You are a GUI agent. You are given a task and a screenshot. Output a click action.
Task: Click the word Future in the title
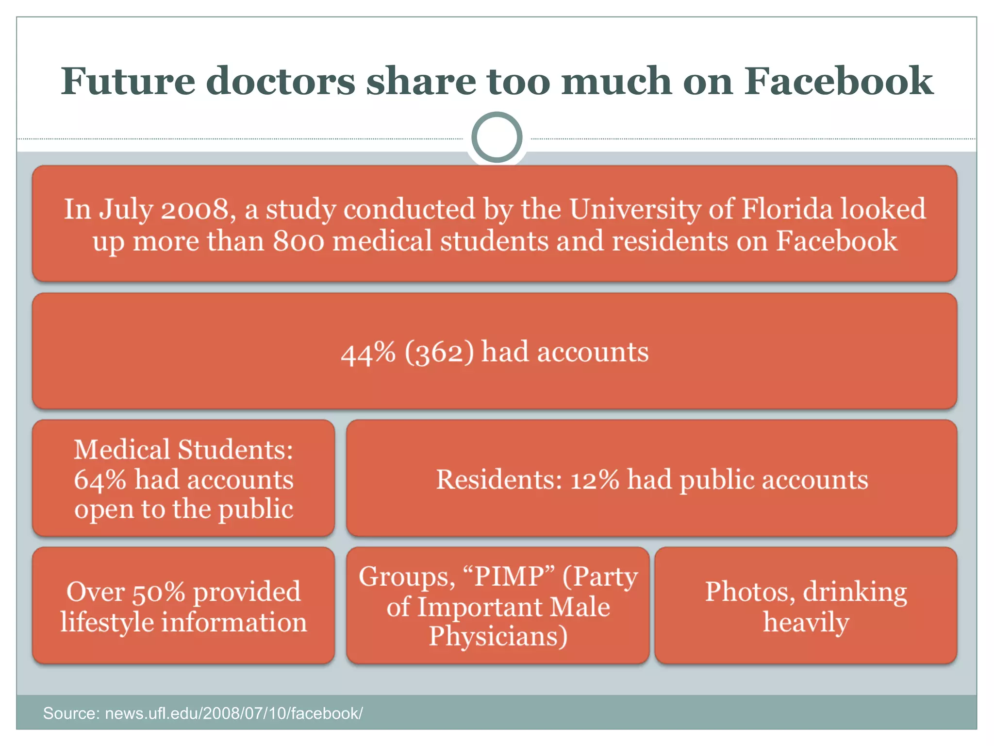pyautogui.click(x=128, y=81)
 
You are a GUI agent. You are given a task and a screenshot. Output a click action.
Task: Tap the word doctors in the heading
pyautogui.click(x=281, y=81)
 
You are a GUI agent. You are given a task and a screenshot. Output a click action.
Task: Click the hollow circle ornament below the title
pyautogui.click(x=497, y=137)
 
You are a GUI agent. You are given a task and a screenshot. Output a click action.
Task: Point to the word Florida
pyautogui.click(x=787, y=209)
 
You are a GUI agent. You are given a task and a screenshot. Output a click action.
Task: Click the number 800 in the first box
pyautogui.click(x=298, y=241)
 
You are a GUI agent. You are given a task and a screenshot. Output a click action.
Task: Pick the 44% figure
pyautogui.click(x=368, y=353)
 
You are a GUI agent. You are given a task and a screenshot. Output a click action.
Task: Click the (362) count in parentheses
pyautogui.click(x=439, y=353)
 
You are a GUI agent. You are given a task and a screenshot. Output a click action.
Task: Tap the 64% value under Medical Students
pyautogui.click(x=100, y=480)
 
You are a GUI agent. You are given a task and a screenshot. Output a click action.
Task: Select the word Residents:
pyautogui.click(x=499, y=480)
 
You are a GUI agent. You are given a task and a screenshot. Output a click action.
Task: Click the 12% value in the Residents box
pyautogui.click(x=595, y=480)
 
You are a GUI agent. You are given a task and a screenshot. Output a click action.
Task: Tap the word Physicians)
pyautogui.click(x=498, y=637)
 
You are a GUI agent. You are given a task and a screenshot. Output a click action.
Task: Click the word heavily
pyautogui.click(x=806, y=623)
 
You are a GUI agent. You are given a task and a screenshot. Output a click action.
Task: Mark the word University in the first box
pyautogui.click(x=634, y=209)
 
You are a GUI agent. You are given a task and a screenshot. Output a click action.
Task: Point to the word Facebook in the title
pyautogui.click(x=839, y=81)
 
